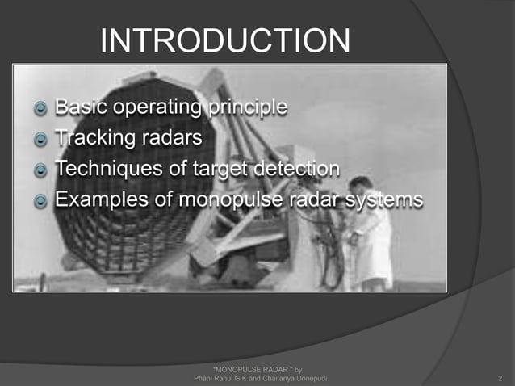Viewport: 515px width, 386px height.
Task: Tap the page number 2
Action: [500, 377]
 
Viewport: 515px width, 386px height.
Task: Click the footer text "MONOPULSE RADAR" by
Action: [256, 368]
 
